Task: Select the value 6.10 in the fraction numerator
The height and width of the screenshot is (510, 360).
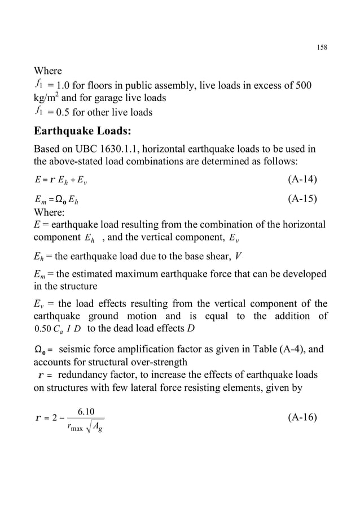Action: click(x=86, y=409)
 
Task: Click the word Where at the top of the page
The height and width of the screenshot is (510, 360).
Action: click(x=48, y=71)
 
